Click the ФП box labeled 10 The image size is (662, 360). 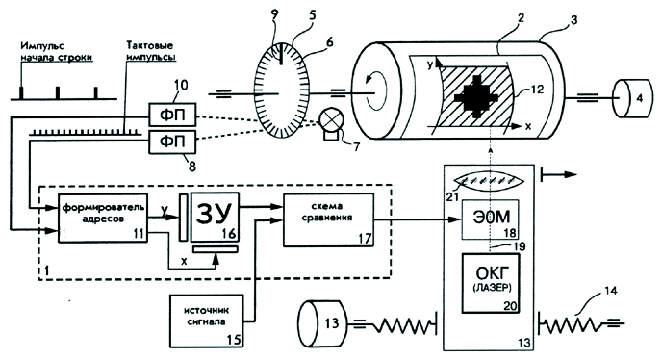point(172,115)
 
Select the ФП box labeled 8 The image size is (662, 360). point(172,141)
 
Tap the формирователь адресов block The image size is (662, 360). point(103,218)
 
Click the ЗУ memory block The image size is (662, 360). point(215,217)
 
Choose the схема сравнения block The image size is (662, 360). point(328,219)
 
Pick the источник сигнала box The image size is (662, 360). point(207,321)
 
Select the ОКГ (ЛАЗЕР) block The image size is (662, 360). point(491,283)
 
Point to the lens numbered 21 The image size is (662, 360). point(491,181)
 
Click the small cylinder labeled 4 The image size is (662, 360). point(631,99)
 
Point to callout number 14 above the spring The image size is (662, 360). point(610,291)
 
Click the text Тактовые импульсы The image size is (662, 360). point(150,51)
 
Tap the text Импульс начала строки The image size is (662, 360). point(56,52)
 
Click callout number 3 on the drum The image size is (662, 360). point(573,20)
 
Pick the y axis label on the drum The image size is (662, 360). point(430,65)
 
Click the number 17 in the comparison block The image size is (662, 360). point(365,239)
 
